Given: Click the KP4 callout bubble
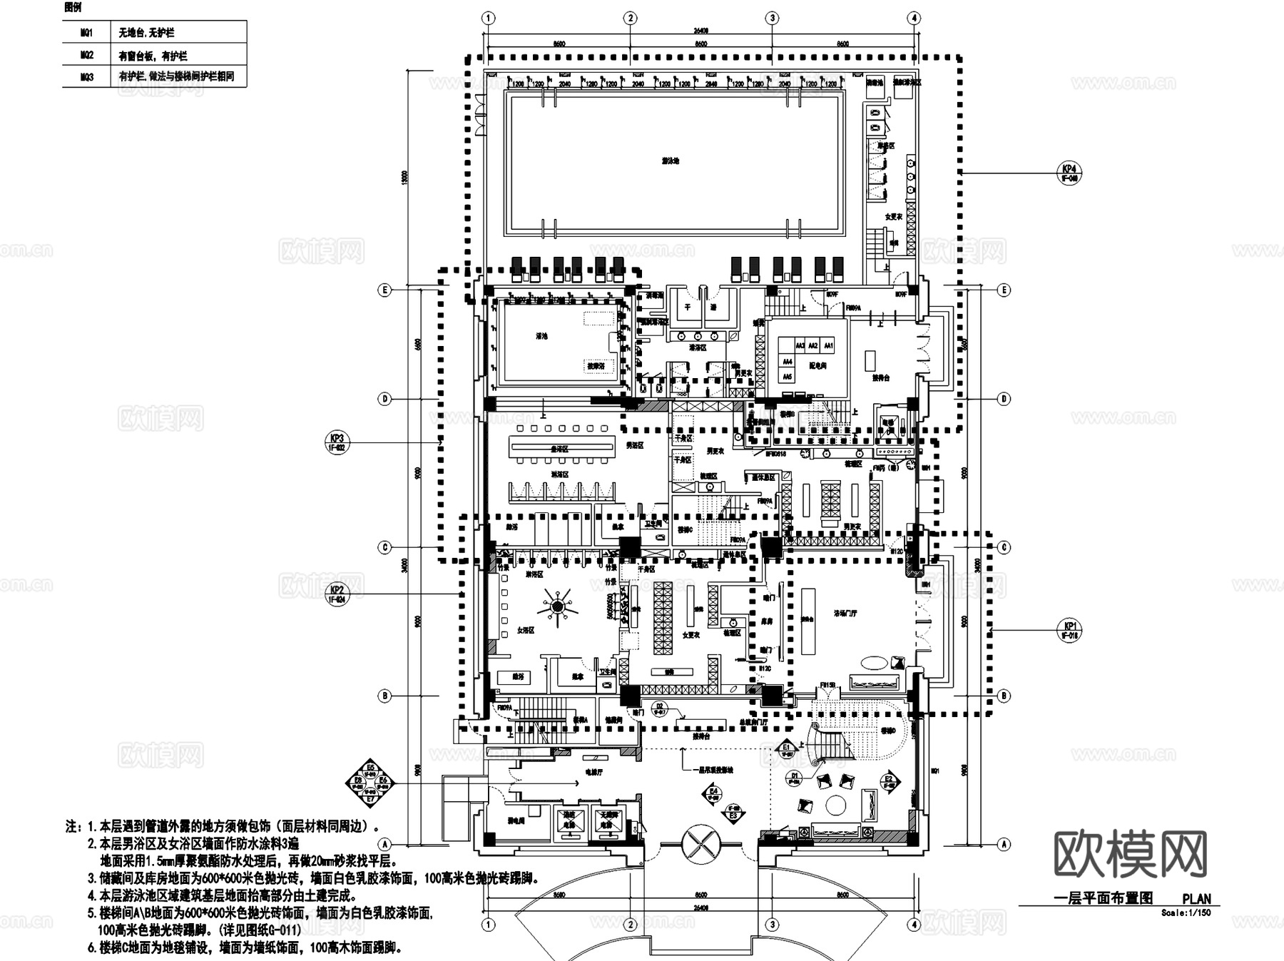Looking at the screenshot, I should point(1069,173).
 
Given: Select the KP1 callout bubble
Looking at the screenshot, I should point(1069,631).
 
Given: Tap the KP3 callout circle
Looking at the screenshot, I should point(336,443).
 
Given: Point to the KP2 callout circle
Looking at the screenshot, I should point(337,594).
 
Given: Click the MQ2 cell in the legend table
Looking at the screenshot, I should point(87,55).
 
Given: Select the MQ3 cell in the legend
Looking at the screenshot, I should point(87,76).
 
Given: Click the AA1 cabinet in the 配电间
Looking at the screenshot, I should point(828,346).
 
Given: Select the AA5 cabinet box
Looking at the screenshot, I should point(788,376).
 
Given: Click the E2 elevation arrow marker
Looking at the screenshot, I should point(889,781).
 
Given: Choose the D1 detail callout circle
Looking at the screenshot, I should point(795,777).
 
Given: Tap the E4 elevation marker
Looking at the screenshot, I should point(713,793).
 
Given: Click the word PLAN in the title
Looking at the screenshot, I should point(1196,900).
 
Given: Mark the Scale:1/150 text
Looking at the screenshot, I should point(1185,912).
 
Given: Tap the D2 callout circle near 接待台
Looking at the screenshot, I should point(659,708).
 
